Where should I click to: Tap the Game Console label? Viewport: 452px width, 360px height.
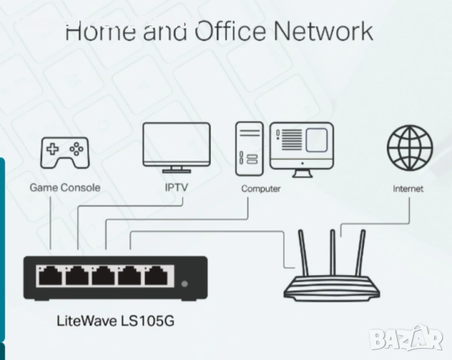click(65, 187)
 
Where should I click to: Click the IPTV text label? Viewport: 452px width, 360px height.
click(175, 187)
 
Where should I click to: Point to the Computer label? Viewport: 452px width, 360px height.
click(261, 188)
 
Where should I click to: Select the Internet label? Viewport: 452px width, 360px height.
click(408, 188)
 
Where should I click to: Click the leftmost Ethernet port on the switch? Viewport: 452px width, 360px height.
click(51, 277)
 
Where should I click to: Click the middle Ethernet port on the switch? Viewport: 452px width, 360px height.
click(104, 277)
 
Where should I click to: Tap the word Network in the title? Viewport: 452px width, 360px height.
click(323, 32)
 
